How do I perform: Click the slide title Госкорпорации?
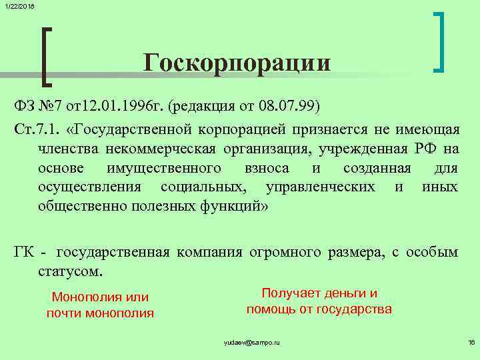[x=237, y=63]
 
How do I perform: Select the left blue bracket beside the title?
[x=45, y=57]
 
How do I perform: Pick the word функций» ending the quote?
[x=232, y=206]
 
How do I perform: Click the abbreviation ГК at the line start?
[x=27, y=252]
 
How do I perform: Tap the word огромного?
[x=285, y=252]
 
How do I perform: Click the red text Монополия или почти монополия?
[x=100, y=305]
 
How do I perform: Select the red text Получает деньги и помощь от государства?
[x=319, y=301]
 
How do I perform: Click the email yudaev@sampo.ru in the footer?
[x=251, y=342]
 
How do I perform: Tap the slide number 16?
[x=471, y=342]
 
